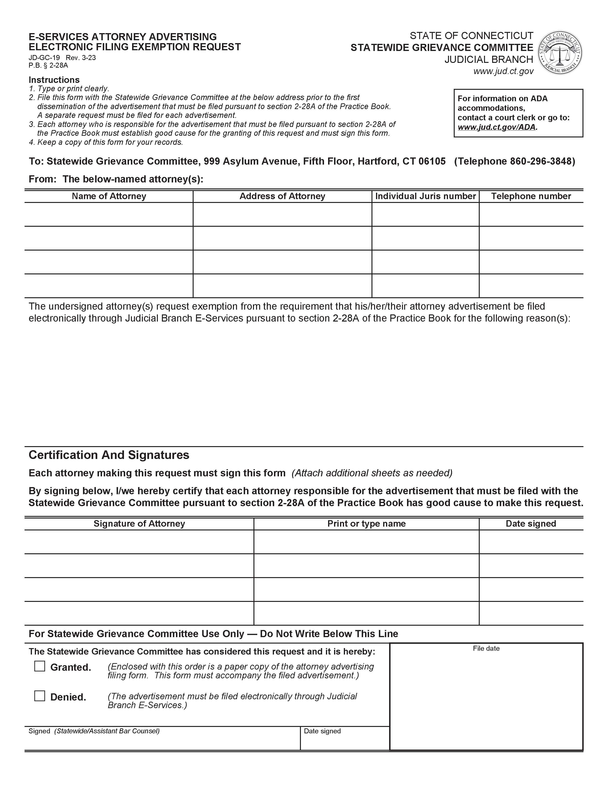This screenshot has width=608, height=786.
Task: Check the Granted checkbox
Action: click(40, 666)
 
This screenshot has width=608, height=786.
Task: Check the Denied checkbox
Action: click(40, 696)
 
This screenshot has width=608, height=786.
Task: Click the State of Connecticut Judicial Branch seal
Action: click(560, 53)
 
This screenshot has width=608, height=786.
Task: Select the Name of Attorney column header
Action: click(109, 196)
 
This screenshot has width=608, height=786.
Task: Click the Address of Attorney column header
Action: click(282, 196)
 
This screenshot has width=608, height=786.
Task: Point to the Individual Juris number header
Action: click(425, 196)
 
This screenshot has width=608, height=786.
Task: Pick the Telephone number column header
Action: click(531, 196)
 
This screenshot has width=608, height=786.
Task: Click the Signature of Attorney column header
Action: click(139, 524)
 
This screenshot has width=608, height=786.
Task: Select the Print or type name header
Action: click(366, 524)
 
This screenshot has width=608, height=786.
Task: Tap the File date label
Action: click(486, 649)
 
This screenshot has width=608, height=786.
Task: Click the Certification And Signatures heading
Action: click(109, 455)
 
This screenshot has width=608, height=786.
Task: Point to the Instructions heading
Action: click(54, 80)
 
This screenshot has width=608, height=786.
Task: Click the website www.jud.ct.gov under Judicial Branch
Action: click(503, 71)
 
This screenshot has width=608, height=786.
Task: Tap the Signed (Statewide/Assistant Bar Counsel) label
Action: click(94, 731)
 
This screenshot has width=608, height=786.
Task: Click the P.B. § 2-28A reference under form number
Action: click(48, 65)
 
